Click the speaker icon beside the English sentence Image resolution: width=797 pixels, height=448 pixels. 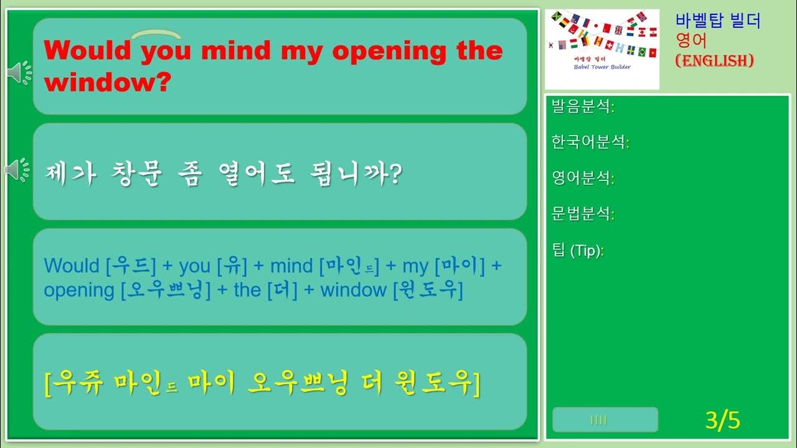click(19, 73)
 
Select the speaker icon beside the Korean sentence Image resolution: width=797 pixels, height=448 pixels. click(17, 169)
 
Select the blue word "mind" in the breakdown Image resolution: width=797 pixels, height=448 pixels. click(291, 266)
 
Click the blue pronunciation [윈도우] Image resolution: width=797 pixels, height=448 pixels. click(428, 291)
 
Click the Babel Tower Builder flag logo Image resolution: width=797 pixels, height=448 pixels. click(602, 49)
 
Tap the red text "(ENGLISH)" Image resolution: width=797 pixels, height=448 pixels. click(715, 60)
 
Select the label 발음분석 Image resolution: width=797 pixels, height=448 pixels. click(580, 106)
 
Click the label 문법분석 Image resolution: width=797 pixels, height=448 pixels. click(580, 215)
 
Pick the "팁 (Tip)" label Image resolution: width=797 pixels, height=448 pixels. click(577, 251)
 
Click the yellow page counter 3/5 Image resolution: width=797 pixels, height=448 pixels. click(723, 421)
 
